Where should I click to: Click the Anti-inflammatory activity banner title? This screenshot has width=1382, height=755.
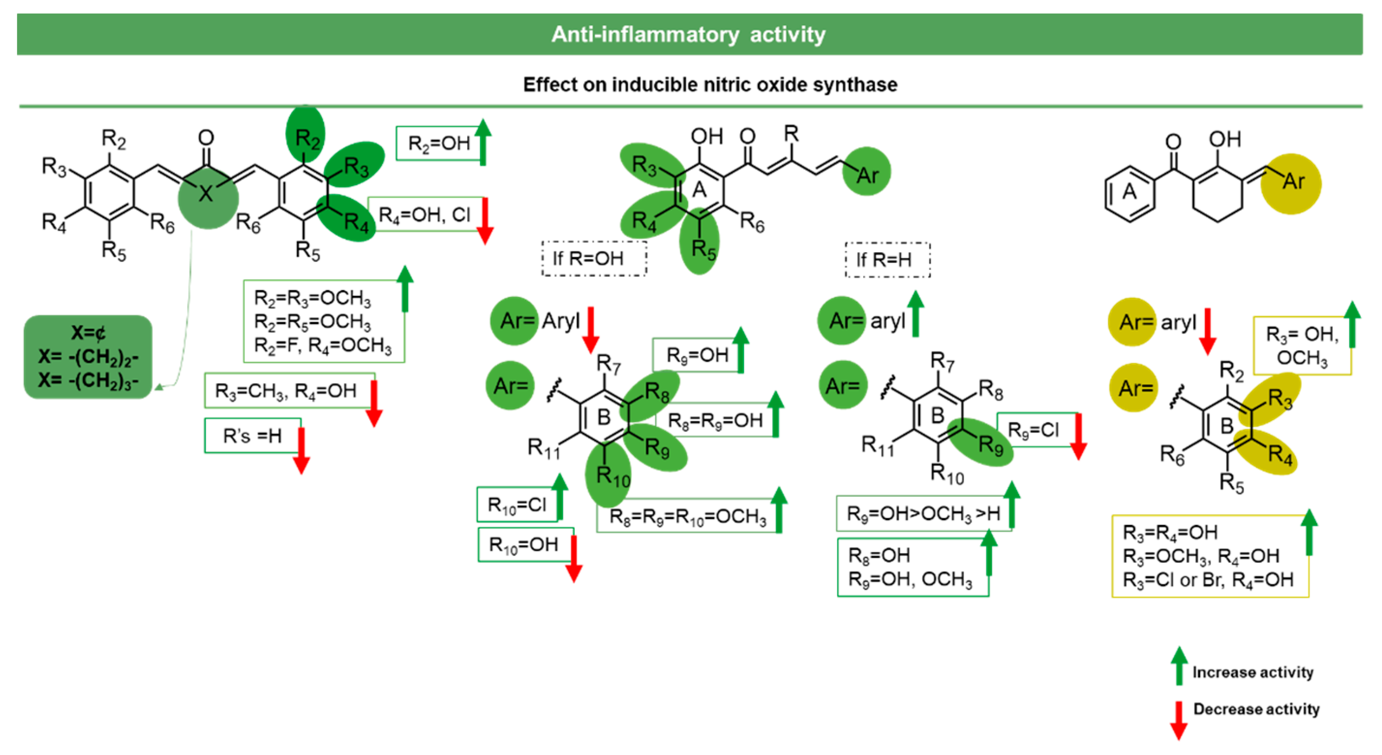tap(688, 34)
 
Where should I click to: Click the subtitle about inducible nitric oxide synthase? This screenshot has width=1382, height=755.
tap(710, 84)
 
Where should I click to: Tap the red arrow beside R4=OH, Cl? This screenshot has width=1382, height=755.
tap(485, 220)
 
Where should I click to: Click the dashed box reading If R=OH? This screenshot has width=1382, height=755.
tap(593, 259)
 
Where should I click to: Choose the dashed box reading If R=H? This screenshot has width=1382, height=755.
tap(887, 260)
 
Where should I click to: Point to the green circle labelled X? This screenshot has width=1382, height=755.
tap(208, 195)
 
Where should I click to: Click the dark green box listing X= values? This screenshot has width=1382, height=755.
tap(88, 357)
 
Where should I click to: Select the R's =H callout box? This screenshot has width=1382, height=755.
tap(252, 436)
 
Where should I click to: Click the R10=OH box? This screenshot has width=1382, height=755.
tap(524, 545)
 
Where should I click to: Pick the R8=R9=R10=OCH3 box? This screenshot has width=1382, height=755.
tap(687, 516)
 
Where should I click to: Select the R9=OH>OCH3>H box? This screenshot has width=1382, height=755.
tap(923, 513)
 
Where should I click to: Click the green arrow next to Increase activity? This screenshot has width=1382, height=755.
tap(1179, 666)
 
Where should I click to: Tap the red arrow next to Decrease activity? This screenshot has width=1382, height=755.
tap(1179, 720)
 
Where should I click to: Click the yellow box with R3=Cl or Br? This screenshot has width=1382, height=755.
tap(1209, 556)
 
